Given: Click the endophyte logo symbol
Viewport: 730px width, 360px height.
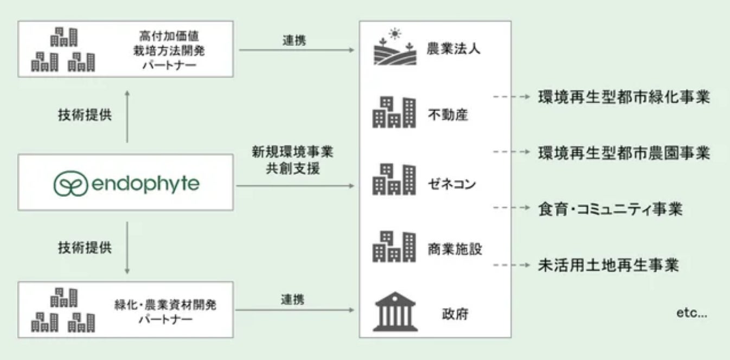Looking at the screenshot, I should coord(71,184).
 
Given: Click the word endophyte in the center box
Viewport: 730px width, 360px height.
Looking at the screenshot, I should coord(145,184).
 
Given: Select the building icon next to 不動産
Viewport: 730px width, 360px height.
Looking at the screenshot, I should coord(394,112).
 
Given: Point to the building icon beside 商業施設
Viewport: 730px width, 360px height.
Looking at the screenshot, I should coord(394,247).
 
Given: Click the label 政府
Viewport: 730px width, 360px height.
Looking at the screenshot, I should coord(454,313).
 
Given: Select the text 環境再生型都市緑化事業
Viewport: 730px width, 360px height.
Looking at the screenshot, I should coord(624,97).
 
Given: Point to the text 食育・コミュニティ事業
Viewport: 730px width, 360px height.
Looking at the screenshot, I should coord(610,209).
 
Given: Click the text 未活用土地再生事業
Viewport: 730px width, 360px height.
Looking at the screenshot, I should coord(608,265).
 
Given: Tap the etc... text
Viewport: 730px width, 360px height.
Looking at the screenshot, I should coord(692,313).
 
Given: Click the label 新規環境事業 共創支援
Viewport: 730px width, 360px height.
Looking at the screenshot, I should coord(292,160).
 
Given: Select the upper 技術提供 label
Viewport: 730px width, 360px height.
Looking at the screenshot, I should coord(85,115).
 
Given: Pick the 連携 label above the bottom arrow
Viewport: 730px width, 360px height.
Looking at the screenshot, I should coord(293,299).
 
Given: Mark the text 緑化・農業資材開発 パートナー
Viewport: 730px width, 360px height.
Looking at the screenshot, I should coord(166,312).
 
